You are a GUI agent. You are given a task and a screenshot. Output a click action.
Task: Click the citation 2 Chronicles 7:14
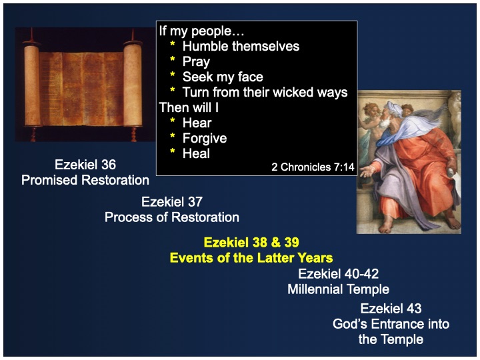pyautogui.click(x=313, y=167)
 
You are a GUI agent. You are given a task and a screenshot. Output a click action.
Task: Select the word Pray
pyautogui.click(x=196, y=62)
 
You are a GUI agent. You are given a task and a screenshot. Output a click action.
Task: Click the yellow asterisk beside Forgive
pyautogui.click(x=173, y=135)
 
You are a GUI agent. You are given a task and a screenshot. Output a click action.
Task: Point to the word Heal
pyautogui.click(x=196, y=153)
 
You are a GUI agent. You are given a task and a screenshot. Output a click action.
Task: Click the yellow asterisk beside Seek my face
pyautogui.click(x=173, y=75)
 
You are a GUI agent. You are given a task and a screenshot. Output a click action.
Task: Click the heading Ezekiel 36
pyautogui.click(x=85, y=165)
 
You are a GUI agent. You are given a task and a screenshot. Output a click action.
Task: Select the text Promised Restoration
pyautogui.click(x=85, y=180)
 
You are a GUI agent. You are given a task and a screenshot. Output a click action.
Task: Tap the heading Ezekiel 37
pyautogui.click(x=172, y=202)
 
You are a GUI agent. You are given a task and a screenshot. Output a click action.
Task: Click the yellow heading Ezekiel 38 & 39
pyautogui.click(x=251, y=243)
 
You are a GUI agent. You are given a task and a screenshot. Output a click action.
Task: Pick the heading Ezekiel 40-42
pyautogui.click(x=338, y=274)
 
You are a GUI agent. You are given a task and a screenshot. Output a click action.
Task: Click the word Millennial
pyautogui.click(x=315, y=289)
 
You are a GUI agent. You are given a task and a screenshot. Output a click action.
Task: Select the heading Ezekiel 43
pyautogui.click(x=391, y=308)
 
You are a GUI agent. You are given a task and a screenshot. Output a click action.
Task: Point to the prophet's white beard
pyautogui.click(x=384, y=123)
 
